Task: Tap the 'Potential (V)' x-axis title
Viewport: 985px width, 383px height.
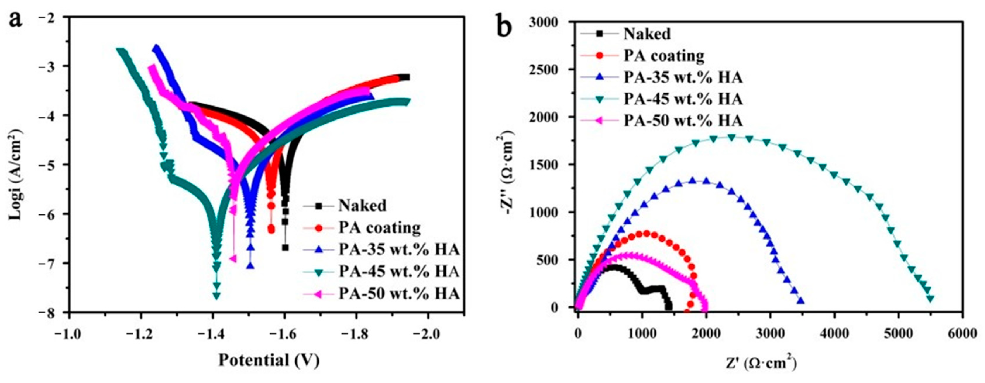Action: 269,360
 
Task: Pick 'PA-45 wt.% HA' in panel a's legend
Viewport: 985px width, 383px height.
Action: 398,271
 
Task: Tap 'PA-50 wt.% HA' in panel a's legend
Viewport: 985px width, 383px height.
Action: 398,294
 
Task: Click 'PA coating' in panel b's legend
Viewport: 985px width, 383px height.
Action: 664,56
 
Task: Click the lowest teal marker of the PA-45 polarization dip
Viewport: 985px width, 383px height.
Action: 216,295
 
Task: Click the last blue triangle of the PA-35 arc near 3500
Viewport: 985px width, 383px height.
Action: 798,301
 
